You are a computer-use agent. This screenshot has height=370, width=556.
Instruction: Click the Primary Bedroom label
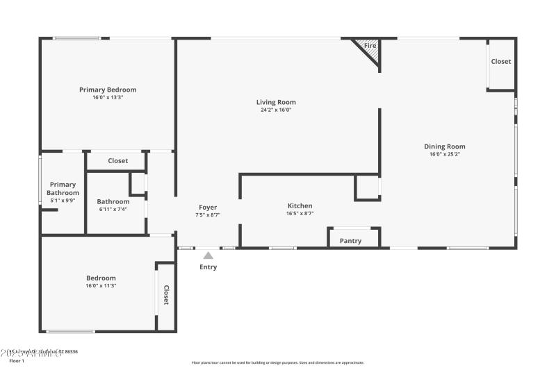coord(108,90)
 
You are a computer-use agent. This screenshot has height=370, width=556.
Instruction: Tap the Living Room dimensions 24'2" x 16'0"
coord(276,110)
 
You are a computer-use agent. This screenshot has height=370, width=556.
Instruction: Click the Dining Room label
coord(445,146)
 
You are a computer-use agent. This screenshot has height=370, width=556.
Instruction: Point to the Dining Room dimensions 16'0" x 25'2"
coord(445,154)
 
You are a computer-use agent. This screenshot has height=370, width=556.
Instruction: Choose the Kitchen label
coord(300,205)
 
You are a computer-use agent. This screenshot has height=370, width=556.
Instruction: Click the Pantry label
coord(350,241)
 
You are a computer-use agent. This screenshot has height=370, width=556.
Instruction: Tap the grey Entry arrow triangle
coord(208,255)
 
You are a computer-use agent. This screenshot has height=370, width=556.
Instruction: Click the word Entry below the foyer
coord(208,267)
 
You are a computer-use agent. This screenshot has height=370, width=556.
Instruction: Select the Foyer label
coord(208,207)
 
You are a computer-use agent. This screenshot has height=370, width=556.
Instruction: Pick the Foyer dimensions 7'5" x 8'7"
coord(208,215)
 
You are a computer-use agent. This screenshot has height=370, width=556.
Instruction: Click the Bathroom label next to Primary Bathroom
coord(113,201)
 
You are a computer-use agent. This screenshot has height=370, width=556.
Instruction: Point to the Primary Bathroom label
coord(63,189)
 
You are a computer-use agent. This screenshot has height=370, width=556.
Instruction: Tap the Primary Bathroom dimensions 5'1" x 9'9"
coord(63,201)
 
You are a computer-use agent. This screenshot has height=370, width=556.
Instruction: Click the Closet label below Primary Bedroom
coord(117,161)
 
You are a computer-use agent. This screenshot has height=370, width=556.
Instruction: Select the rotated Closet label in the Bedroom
coord(166,295)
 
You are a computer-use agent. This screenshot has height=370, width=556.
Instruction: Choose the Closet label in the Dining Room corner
coord(501,62)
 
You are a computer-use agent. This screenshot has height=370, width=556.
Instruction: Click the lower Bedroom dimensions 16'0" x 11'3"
coord(101,285)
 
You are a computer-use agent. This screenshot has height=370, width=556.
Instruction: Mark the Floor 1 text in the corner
coord(16,361)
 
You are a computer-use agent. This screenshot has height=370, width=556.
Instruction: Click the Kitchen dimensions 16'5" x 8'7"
coord(300,214)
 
